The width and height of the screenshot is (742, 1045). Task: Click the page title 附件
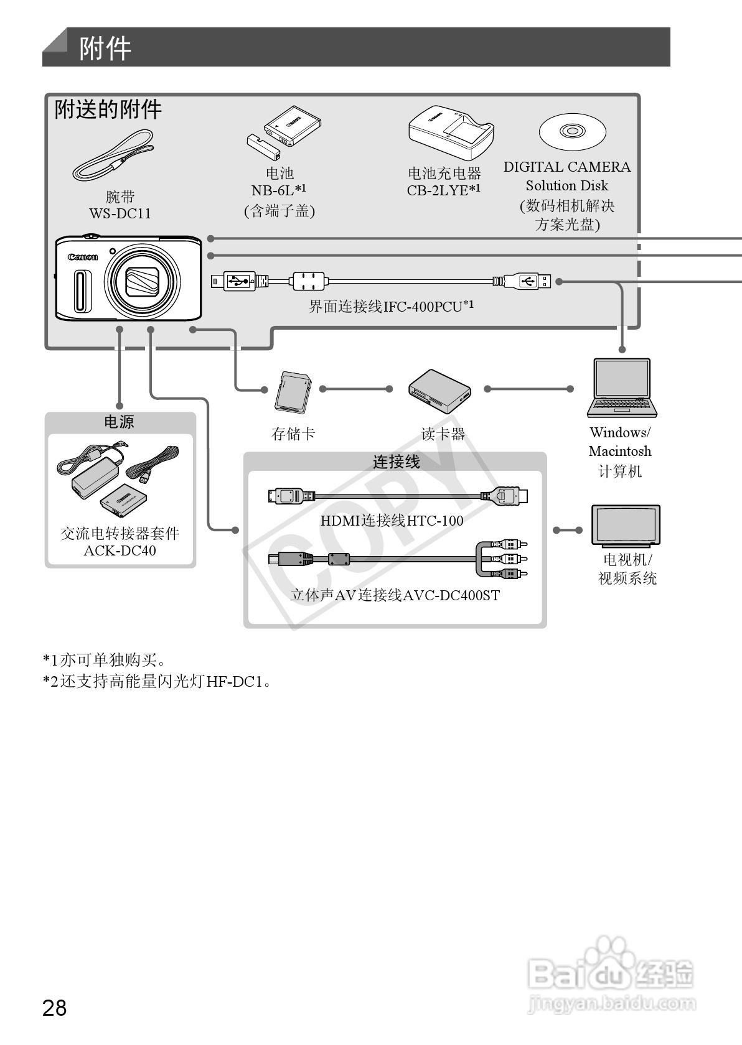[105, 48]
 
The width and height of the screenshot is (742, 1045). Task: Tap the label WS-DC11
[120, 213]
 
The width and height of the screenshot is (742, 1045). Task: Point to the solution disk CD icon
[572, 132]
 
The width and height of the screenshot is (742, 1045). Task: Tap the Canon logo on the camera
[83, 257]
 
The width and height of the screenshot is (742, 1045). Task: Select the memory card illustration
[293, 392]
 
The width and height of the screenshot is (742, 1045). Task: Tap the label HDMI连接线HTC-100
[392, 521]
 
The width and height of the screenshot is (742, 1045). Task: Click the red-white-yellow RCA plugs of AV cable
[510, 559]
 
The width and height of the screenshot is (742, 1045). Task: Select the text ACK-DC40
[120, 550]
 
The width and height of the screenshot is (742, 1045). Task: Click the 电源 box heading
[119, 422]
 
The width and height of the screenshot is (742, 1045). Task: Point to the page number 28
[54, 1007]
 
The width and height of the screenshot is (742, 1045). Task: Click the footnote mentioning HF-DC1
[157, 682]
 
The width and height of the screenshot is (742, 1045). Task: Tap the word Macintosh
[620, 452]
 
